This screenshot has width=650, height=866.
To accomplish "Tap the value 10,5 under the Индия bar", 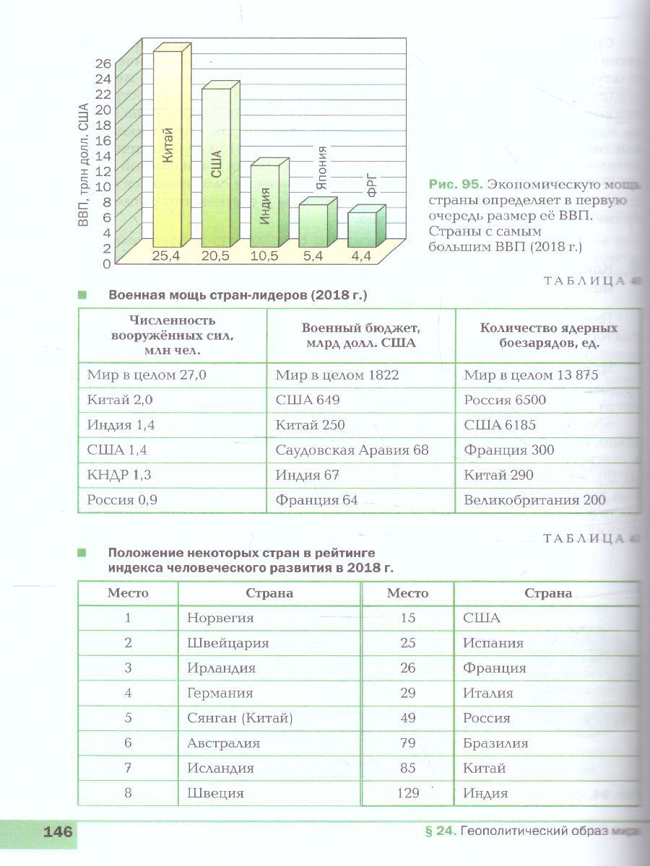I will click(x=264, y=256).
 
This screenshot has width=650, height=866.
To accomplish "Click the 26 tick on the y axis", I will click(x=103, y=64).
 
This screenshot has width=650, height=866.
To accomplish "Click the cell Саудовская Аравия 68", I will click(x=352, y=450).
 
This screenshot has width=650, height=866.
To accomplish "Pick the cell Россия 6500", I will click(x=505, y=401).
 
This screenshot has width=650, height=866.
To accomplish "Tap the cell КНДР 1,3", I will click(x=119, y=476).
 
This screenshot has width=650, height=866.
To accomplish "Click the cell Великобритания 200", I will click(x=534, y=500).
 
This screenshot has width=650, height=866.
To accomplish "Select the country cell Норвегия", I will click(x=220, y=618).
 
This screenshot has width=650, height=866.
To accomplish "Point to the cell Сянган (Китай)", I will click(x=239, y=718).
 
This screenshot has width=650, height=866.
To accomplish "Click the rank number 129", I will click(x=408, y=793).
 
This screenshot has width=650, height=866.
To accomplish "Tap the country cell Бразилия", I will click(x=495, y=743).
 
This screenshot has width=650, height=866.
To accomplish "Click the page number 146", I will click(x=58, y=832).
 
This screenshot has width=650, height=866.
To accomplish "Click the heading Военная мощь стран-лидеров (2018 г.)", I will click(x=238, y=295).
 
